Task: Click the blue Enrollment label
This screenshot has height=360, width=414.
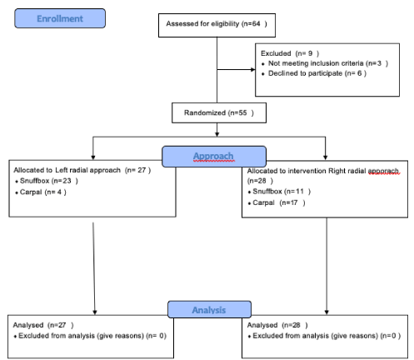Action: (x=60, y=18)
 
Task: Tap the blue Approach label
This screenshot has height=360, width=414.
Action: (x=214, y=157)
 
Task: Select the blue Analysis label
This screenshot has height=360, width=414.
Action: (x=209, y=309)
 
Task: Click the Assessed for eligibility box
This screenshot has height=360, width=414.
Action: (x=217, y=25)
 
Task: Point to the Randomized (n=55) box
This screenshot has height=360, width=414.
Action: (x=219, y=112)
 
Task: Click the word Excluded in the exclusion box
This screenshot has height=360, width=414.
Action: (x=276, y=53)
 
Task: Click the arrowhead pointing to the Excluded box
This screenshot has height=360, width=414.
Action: (x=253, y=69)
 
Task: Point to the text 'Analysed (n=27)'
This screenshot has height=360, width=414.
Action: (x=43, y=325)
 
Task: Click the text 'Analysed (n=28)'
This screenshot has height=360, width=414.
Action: (x=277, y=325)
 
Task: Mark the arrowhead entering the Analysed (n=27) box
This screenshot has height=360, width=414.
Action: (x=95, y=312)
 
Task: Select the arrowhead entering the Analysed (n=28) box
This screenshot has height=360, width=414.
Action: (x=327, y=312)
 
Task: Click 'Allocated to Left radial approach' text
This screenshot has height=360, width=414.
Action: (x=67, y=170)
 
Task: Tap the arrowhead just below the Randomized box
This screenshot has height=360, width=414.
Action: (x=217, y=134)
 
